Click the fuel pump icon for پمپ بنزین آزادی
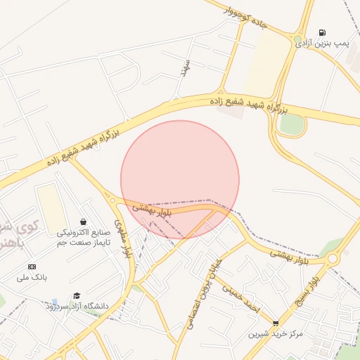click(322, 32)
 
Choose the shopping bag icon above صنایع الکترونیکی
click(84, 221)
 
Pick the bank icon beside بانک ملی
click(32, 266)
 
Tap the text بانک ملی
click(32, 277)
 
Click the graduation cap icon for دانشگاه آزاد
click(77, 295)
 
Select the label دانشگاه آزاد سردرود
click(77, 306)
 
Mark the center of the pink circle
click(180, 179)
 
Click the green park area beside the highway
click(292, 124)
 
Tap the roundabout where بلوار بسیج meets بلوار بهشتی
click(333, 259)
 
